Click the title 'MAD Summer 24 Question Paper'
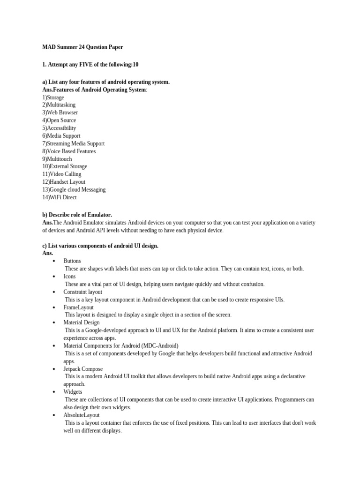[x=82, y=47]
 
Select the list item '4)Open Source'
[x=59, y=120]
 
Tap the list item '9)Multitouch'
[x=57, y=159]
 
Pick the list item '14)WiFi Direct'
[x=60, y=197]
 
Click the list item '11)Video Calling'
[x=62, y=174]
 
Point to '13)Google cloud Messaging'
[x=74, y=189]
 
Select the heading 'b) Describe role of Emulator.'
[x=77, y=215]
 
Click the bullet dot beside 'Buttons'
[x=54, y=261]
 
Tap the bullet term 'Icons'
[x=69, y=277]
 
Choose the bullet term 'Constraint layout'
[x=82, y=292]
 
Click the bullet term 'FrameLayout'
[x=78, y=307]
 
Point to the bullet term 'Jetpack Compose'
[x=83, y=369]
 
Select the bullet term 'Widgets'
[x=73, y=392]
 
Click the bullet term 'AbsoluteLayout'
[x=82, y=415]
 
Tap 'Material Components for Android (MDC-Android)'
[x=121, y=346]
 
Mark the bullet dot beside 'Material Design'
[x=54, y=323]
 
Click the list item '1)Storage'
[x=53, y=97]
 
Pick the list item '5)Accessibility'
[x=59, y=128]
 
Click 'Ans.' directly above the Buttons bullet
[x=48, y=253]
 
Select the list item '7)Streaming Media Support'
[x=74, y=143]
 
